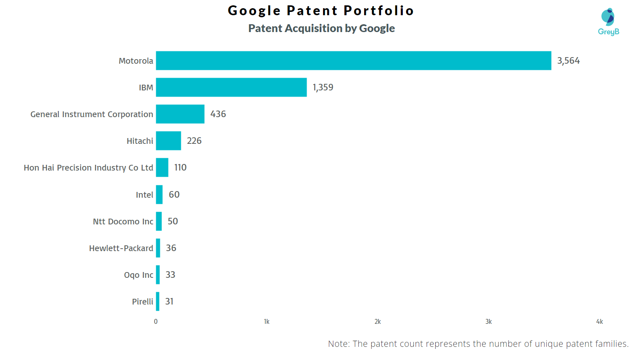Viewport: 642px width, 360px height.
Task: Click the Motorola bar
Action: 353,61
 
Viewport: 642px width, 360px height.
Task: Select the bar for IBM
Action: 231,88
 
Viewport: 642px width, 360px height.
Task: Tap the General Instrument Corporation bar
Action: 180,114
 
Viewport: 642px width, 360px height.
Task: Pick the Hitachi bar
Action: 169,141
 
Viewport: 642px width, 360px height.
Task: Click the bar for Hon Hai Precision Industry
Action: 162,168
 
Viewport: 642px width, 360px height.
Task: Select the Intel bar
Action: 159,194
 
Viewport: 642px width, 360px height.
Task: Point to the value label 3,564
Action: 568,61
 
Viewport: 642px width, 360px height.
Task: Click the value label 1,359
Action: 323,88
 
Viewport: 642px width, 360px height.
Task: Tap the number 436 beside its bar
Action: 218,114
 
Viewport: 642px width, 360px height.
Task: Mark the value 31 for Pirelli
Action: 169,302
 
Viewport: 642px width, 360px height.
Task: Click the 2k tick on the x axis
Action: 377,322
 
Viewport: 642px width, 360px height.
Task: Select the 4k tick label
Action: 599,322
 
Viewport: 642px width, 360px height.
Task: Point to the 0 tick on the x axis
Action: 156,322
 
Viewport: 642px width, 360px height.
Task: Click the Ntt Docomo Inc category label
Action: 123,222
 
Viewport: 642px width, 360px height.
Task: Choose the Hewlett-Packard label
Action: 121,248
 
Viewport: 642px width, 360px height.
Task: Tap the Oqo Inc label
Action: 139,275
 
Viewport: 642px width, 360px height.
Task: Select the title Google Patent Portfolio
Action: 321,10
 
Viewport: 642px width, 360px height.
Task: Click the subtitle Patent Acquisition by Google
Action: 321,28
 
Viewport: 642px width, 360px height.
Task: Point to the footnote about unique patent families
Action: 478,344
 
